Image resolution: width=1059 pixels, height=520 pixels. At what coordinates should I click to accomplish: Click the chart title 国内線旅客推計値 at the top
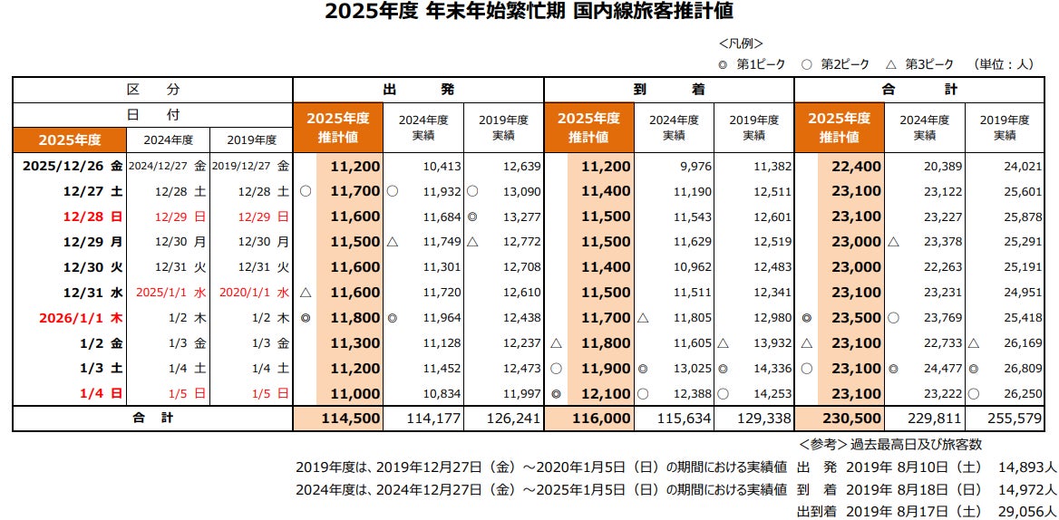coord(529,12)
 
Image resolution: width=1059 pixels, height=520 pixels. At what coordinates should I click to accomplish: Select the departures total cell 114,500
coord(349,419)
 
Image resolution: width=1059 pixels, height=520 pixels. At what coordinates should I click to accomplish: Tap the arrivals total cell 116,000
coord(600,419)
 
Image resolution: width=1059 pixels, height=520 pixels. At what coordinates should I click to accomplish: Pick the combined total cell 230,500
coord(850,419)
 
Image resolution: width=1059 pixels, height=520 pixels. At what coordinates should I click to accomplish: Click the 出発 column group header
coord(418,91)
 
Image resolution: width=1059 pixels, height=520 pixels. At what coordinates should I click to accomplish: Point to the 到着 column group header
coord(668,91)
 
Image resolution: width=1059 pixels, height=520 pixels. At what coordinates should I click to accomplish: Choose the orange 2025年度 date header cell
coord(69,140)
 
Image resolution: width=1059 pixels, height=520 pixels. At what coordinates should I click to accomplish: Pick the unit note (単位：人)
coord(1005,64)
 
